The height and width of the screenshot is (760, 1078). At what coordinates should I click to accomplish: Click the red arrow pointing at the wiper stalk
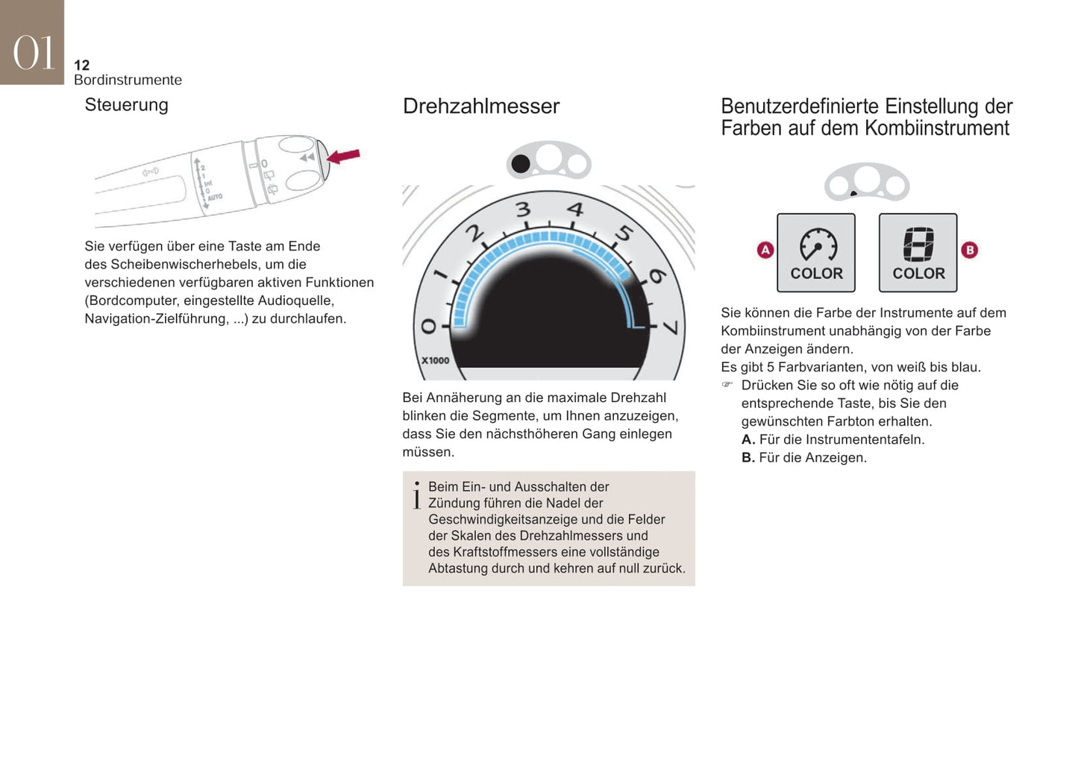343,156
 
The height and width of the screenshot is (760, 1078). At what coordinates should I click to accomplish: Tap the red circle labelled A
765,250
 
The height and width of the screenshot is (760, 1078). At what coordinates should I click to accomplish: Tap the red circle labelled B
969,250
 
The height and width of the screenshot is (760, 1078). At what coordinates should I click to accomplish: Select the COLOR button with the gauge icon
816,253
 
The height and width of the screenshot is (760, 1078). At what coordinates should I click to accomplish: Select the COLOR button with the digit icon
918,253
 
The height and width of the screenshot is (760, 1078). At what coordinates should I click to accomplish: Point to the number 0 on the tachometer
428,326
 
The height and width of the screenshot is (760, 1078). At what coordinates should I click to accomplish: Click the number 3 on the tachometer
523,210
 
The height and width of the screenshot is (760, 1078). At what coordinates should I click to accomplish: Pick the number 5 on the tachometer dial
624,233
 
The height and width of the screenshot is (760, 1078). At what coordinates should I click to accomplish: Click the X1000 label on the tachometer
435,360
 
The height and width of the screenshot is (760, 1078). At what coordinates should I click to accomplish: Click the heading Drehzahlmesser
481,107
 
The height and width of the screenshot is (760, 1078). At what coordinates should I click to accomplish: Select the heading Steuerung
127,105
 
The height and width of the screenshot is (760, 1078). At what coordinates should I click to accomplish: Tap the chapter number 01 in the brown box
33,53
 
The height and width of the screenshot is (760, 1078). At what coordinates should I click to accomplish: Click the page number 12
82,65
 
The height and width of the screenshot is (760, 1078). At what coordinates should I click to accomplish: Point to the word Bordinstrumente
128,80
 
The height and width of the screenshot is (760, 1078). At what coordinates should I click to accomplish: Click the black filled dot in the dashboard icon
520,164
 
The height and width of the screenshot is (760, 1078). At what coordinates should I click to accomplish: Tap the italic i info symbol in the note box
417,495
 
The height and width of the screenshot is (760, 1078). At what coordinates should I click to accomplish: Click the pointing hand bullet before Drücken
727,384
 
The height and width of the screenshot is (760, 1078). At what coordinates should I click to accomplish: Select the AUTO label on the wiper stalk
215,197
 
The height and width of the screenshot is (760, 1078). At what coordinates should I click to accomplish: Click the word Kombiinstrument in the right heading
937,128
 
